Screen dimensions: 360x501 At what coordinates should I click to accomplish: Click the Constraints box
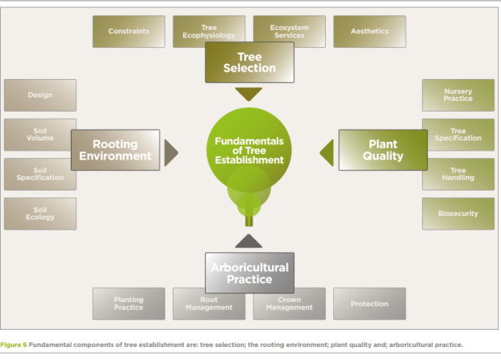pyautogui.click(x=128, y=32)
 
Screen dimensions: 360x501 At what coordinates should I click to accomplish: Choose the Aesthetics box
pyautogui.click(x=369, y=32)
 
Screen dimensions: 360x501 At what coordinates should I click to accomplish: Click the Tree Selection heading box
pyautogui.click(x=249, y=63)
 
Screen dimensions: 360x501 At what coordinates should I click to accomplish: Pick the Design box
pyautogui.click(x=40, y=95)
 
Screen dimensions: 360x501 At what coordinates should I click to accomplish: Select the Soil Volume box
pyautogui.click(x=40, y=134)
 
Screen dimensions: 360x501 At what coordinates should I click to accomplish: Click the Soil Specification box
pyautogui.click(x=40, y=173)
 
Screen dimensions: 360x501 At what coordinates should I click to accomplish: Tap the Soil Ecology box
pyautogui.click(x=40, y=213)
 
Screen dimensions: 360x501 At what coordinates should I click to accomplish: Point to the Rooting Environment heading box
pyautogui.click(x=115, y=150)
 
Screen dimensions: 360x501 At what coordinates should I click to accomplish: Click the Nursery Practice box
pyautogui.click(x=458, y=95)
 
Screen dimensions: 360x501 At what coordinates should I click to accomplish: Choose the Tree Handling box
pyautogui.click(x=458, y=173)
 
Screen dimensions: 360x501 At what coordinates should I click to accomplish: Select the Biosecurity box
pyautogui.click(x=458, y=213)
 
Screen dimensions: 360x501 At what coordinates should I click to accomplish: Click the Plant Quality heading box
pyautogui.click(x=383, y=150)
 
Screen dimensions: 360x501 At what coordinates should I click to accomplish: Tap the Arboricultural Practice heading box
pyautogui.click(x=249, y=273)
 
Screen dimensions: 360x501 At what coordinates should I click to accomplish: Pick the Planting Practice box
pyautogui.click(x=128, y=304)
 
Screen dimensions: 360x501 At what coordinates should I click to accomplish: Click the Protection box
pyautogui.click(x=369, y=304)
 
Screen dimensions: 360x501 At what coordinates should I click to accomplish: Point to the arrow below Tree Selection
pyautogui.click(x=249, y=94)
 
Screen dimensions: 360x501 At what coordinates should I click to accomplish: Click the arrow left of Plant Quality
pyautogui.click(x=327, y=151)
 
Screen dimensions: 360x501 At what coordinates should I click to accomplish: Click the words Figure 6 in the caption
pyautogui.click(x=15, y=345)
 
